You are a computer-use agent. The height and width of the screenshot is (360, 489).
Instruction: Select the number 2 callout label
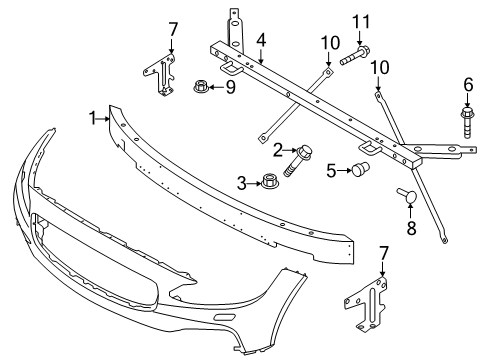[279, 150]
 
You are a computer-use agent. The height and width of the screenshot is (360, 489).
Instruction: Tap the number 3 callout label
[242, 182]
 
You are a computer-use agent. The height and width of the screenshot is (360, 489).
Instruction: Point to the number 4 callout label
[260, 41]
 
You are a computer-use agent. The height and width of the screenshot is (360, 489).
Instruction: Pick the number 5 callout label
[331, 170]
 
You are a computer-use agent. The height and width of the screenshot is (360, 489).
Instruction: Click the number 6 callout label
[467, 85]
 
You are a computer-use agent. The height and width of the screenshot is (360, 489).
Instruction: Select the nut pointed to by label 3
[268, 182]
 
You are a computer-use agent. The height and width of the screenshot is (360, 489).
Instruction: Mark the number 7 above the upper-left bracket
[171, 27]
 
